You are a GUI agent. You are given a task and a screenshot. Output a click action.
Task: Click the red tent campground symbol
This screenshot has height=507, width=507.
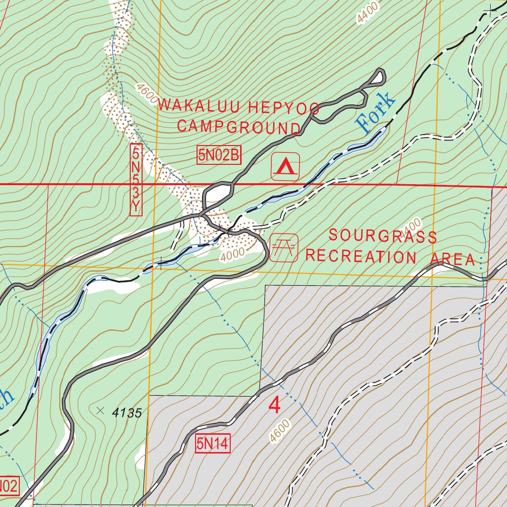tap(285, 167)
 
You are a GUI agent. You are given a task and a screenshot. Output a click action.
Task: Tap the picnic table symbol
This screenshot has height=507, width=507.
tap(284, 248)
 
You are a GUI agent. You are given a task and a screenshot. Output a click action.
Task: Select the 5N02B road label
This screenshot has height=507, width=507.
tap(218, 155)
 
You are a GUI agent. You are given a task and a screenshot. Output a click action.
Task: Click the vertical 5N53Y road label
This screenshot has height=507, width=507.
tap(136, 180)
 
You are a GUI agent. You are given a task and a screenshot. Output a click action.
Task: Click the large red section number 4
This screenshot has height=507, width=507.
tap(274, 406)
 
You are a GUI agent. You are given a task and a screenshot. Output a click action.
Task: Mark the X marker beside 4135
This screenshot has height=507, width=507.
tap(101, 410)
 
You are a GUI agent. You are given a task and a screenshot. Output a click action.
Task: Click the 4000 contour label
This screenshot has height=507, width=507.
tap(233, 254)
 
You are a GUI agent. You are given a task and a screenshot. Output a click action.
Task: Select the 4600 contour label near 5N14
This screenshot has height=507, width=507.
tap(280, 431)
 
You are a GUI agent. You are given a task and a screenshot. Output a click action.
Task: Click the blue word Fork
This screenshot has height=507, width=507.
tap(376, 112)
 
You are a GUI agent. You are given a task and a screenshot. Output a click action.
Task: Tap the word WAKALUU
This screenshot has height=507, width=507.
tap(200, 105)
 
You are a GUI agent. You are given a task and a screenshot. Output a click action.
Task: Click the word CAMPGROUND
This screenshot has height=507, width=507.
tap(239, 127)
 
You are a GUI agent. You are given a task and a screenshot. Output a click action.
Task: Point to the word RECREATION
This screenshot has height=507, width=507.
tap(361, 256)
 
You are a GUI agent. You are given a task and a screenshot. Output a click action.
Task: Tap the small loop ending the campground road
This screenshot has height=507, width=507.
tap(378, 77)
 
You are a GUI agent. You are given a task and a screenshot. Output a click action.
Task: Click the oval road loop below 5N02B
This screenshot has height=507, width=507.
tap(218, 194)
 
